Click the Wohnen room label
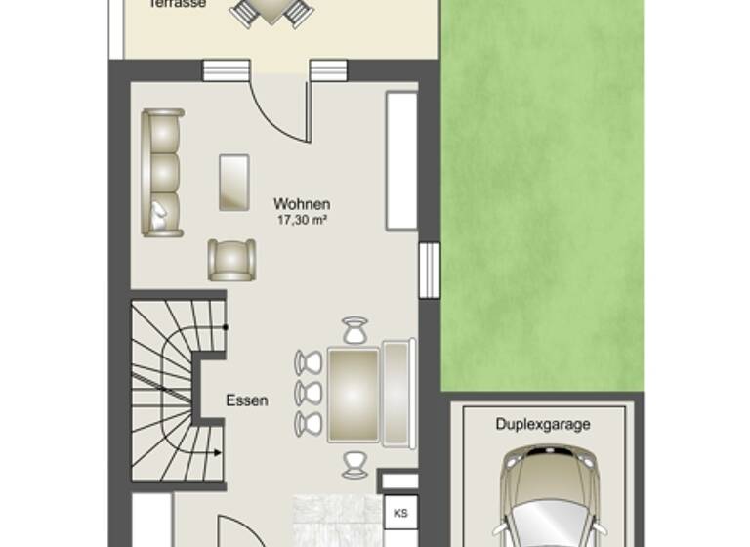[301, 204]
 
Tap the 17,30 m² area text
[301, 220]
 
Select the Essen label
[246, 400]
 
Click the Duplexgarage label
[543, 425]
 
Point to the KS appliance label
[399, 511]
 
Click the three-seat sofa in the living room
[162, 172]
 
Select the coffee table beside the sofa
[233, 182]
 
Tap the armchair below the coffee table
[231, 260]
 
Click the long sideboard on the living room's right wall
[401, 160]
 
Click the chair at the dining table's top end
[354, 330]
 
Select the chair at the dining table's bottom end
[354, 461]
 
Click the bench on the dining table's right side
[398, 393]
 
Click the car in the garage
[543, 498]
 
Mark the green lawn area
[542, 195]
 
